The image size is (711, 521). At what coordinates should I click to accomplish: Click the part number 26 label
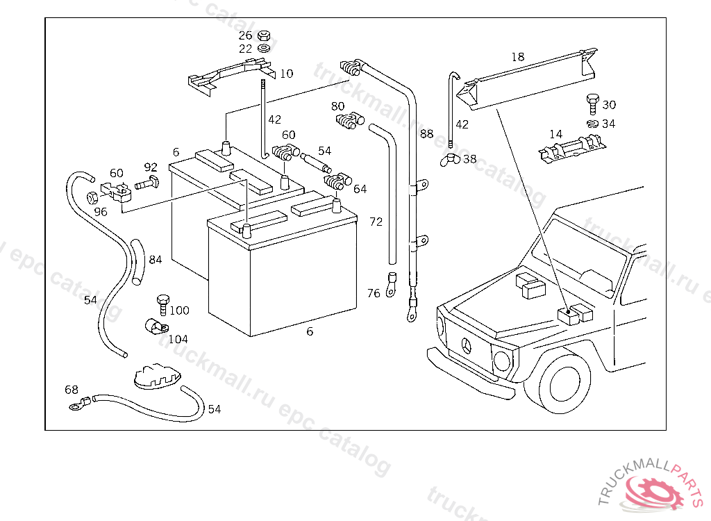pos(246,35)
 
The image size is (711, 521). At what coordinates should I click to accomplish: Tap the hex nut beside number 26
pos(264,35)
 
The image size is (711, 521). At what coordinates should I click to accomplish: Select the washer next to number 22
pos(264,49)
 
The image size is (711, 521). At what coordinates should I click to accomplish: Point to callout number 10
pos(287,73)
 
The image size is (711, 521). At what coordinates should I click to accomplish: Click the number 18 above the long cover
pos(518,57)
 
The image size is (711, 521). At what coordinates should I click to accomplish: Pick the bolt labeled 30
pos(592,104)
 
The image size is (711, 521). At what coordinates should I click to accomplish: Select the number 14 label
pos(555,134)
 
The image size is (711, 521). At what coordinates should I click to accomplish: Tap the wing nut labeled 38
pos(450,160)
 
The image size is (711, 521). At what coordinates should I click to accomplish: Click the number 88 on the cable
pos(426,133)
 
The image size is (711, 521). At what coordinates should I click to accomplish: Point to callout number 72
pos(376,222)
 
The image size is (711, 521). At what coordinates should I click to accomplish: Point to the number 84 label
pos(155,260)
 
